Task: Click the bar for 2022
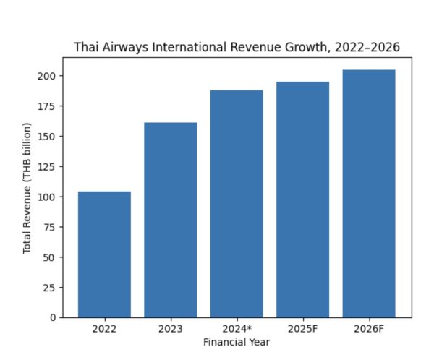click(104, 254)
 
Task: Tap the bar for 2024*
click(237, 204)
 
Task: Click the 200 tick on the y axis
click(48, 76)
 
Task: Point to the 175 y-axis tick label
click(48, 106)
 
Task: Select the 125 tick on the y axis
click(48, 166)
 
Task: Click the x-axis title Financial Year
click(237, 342)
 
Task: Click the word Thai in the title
click(85, 48)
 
